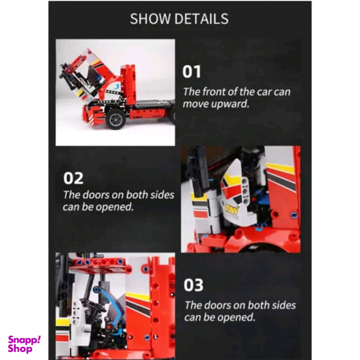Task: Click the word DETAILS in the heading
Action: point(202,19)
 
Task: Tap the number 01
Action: point(191,72)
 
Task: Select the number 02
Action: point(73,178)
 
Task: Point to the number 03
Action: point(193,285)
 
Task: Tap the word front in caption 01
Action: point(214,92)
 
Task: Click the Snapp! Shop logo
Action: point(24,344)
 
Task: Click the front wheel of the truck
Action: point(116,119)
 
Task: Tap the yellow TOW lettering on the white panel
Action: point(232,209)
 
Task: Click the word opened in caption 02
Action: point(115,207)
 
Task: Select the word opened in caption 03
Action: point(236,317)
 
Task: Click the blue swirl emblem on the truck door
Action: point(117,86)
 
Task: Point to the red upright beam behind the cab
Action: point(128,84)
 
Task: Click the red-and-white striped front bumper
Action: point(91,116)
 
